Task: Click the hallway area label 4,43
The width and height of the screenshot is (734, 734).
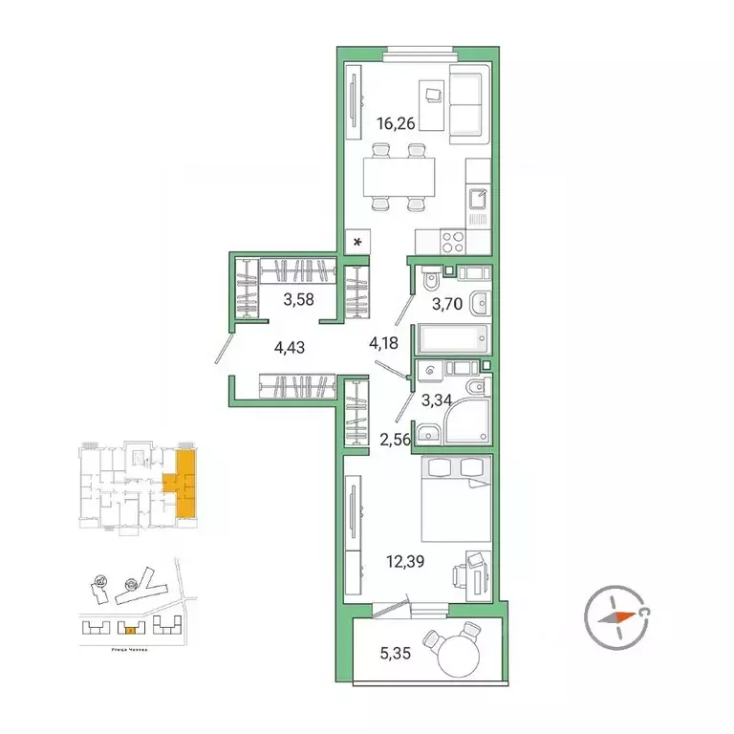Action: tap(289, 348)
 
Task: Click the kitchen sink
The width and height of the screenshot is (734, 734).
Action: tap(477, 202)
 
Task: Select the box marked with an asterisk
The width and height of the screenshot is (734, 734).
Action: tap(356, 243)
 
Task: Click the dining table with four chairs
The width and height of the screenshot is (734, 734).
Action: tap(397, 176)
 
